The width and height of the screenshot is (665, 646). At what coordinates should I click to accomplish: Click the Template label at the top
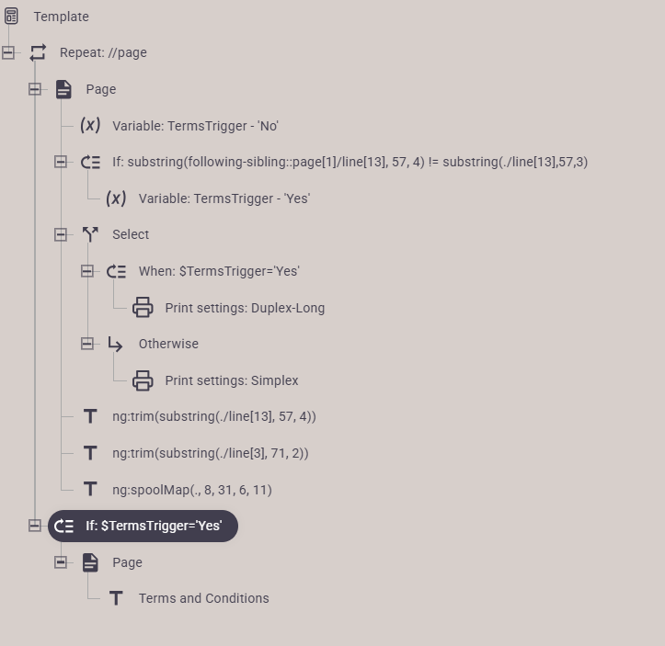61,17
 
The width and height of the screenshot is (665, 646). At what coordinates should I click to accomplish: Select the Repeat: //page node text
103,52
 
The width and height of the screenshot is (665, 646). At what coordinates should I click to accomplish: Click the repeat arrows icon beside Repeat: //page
38,52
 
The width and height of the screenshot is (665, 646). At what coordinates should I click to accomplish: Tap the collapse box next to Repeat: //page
8,52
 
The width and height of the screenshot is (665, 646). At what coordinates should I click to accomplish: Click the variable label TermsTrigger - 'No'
195,126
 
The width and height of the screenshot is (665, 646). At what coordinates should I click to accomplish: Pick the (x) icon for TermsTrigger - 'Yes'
116,198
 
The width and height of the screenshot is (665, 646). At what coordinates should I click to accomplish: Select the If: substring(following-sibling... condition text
350,162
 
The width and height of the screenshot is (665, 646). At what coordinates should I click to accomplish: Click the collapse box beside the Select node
61,234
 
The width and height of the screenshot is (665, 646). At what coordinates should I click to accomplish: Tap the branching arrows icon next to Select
90,234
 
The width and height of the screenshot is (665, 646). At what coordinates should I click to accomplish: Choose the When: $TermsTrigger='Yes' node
219,271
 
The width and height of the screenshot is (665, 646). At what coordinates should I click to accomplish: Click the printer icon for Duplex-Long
143,308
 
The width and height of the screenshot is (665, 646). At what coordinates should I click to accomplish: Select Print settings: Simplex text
232,380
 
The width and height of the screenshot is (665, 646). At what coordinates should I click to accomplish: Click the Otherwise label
168,344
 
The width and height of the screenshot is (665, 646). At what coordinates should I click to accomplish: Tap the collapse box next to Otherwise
87,344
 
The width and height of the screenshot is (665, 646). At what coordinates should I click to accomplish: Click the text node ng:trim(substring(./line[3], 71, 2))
211,453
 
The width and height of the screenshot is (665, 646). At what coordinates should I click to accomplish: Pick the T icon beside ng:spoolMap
90,489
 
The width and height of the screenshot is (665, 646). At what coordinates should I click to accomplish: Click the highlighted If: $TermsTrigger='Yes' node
143,526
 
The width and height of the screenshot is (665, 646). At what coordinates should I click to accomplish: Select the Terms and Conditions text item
203,598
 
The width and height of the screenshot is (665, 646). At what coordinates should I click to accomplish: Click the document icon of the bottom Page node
90,562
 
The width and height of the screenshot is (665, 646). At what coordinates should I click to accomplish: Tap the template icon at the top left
11,17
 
